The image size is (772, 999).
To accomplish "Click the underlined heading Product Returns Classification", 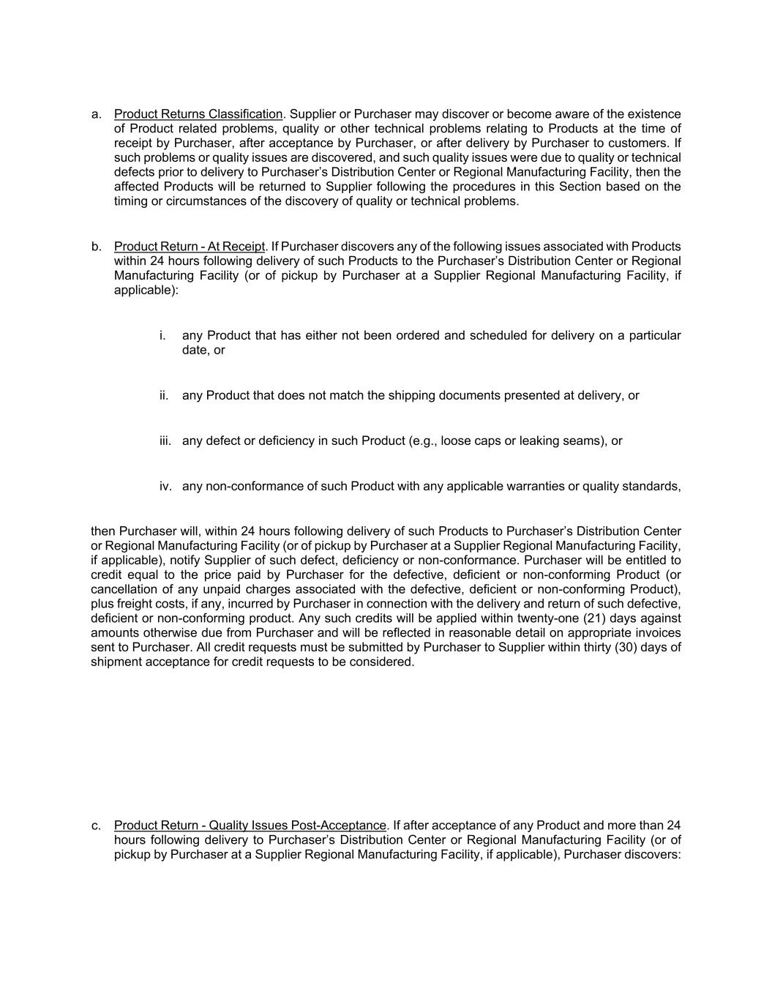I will tap(198, 114).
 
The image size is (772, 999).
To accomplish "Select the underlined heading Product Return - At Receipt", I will tap(189, 247).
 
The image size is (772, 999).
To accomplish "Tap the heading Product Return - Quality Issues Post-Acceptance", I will tap(250, 826).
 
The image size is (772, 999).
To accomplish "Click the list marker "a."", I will tap(97, 114).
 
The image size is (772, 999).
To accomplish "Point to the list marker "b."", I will tap(97, 247).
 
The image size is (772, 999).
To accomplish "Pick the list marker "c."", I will tap(97, 826).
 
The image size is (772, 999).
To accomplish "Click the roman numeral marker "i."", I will tap(162, 335).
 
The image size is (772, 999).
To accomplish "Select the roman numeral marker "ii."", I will tap(164, 395).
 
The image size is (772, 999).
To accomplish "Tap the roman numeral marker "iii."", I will tap(165, 441).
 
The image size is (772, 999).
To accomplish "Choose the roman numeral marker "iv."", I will tap(165, 486).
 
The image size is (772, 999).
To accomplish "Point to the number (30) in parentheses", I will tap(633, 647).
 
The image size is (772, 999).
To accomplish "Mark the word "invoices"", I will tap(656, 633).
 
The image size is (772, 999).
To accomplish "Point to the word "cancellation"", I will tap(124, 589).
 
